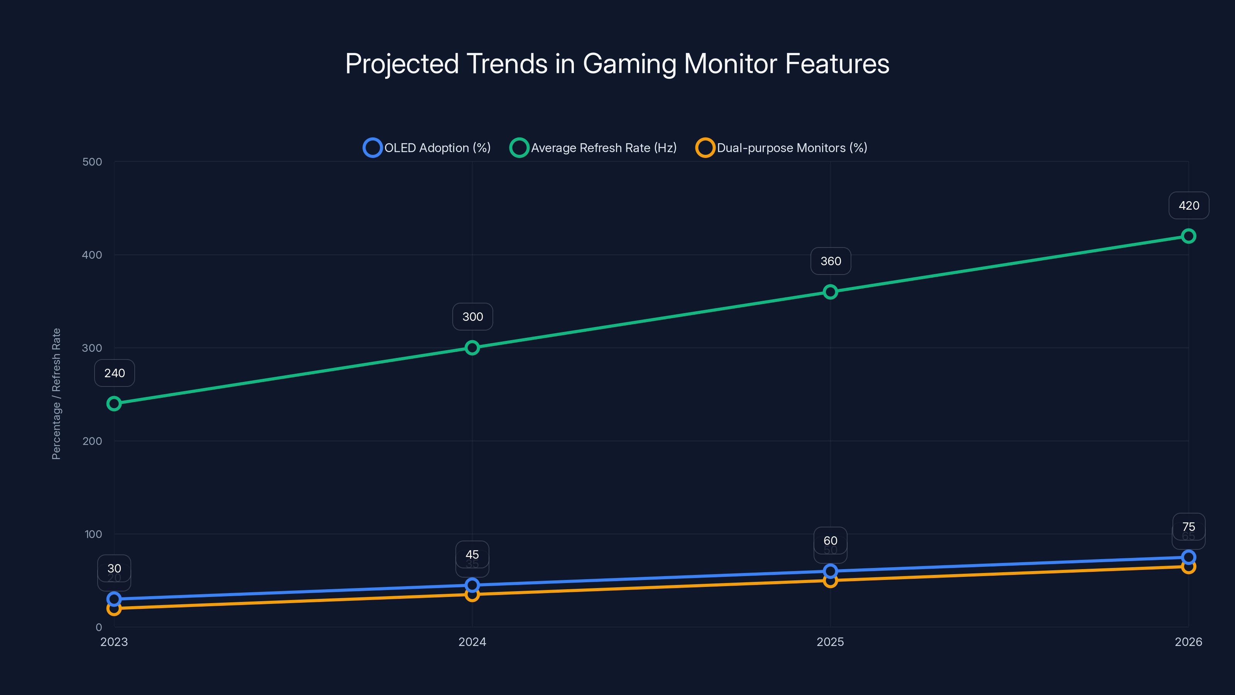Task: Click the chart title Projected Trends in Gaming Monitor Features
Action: point(617,64)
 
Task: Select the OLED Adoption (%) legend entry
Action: point(427,148)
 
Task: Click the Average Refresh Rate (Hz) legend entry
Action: point(593,148)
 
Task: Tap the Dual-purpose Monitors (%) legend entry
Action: point(782,148)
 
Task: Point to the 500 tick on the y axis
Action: point(92,162)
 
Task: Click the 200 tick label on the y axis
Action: point(92,441)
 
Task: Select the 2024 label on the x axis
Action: point(472,642)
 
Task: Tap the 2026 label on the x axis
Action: point(1188,642)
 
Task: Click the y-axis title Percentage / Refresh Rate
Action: point(56,394)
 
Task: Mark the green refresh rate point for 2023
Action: point(114,404)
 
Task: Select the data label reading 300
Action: point(473,317)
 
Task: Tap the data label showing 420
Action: point(1189,206)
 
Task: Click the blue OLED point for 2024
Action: point(472,585)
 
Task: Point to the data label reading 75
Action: point(1189,527)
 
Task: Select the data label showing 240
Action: point(115,373)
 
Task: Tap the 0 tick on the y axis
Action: point(99,627)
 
